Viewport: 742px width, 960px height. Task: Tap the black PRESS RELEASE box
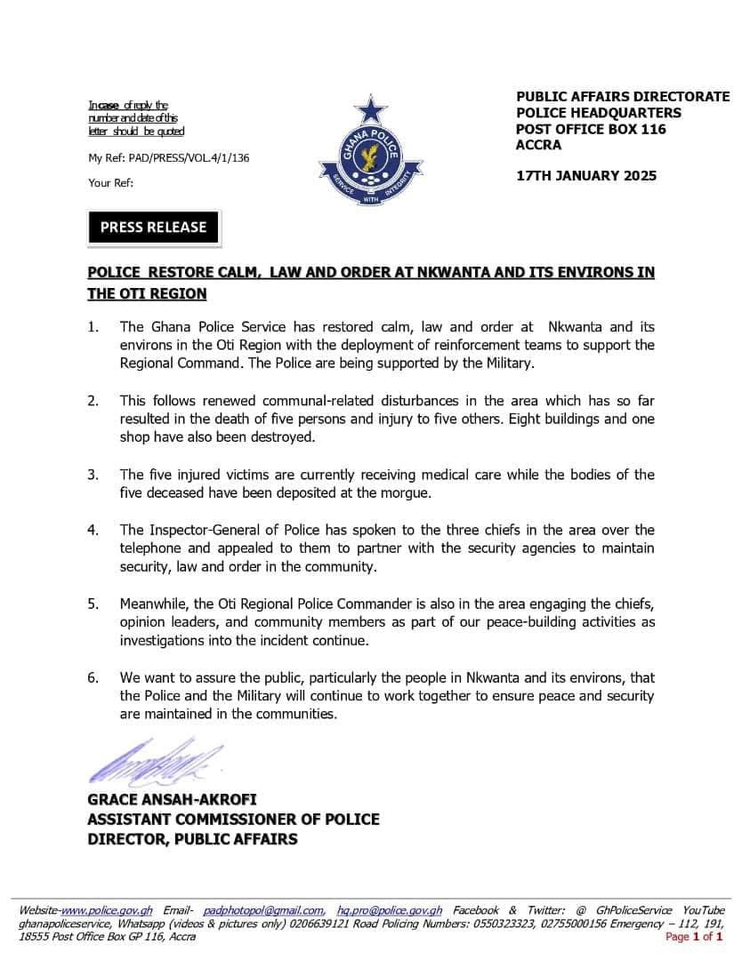pos(153,228)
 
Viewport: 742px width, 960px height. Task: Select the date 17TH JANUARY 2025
pos(586,175)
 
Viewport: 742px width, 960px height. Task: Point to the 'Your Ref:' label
pos(110,183)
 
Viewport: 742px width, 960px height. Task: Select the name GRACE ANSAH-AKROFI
pos(172,800)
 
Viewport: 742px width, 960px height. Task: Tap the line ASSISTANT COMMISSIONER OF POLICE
pos(233,820)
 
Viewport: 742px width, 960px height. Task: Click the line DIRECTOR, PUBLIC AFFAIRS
pos(192,839)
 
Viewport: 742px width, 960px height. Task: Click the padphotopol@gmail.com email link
pos(263,911)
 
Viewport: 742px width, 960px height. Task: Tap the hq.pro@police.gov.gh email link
pos(390,911)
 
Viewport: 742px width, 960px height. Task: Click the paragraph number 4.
pos(93,530)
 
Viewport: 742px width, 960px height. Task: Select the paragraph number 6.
pos(93,678)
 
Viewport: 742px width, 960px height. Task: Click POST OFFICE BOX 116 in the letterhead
pos(591,129)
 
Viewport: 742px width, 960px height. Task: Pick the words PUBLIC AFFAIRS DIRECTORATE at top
pos(623,97)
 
